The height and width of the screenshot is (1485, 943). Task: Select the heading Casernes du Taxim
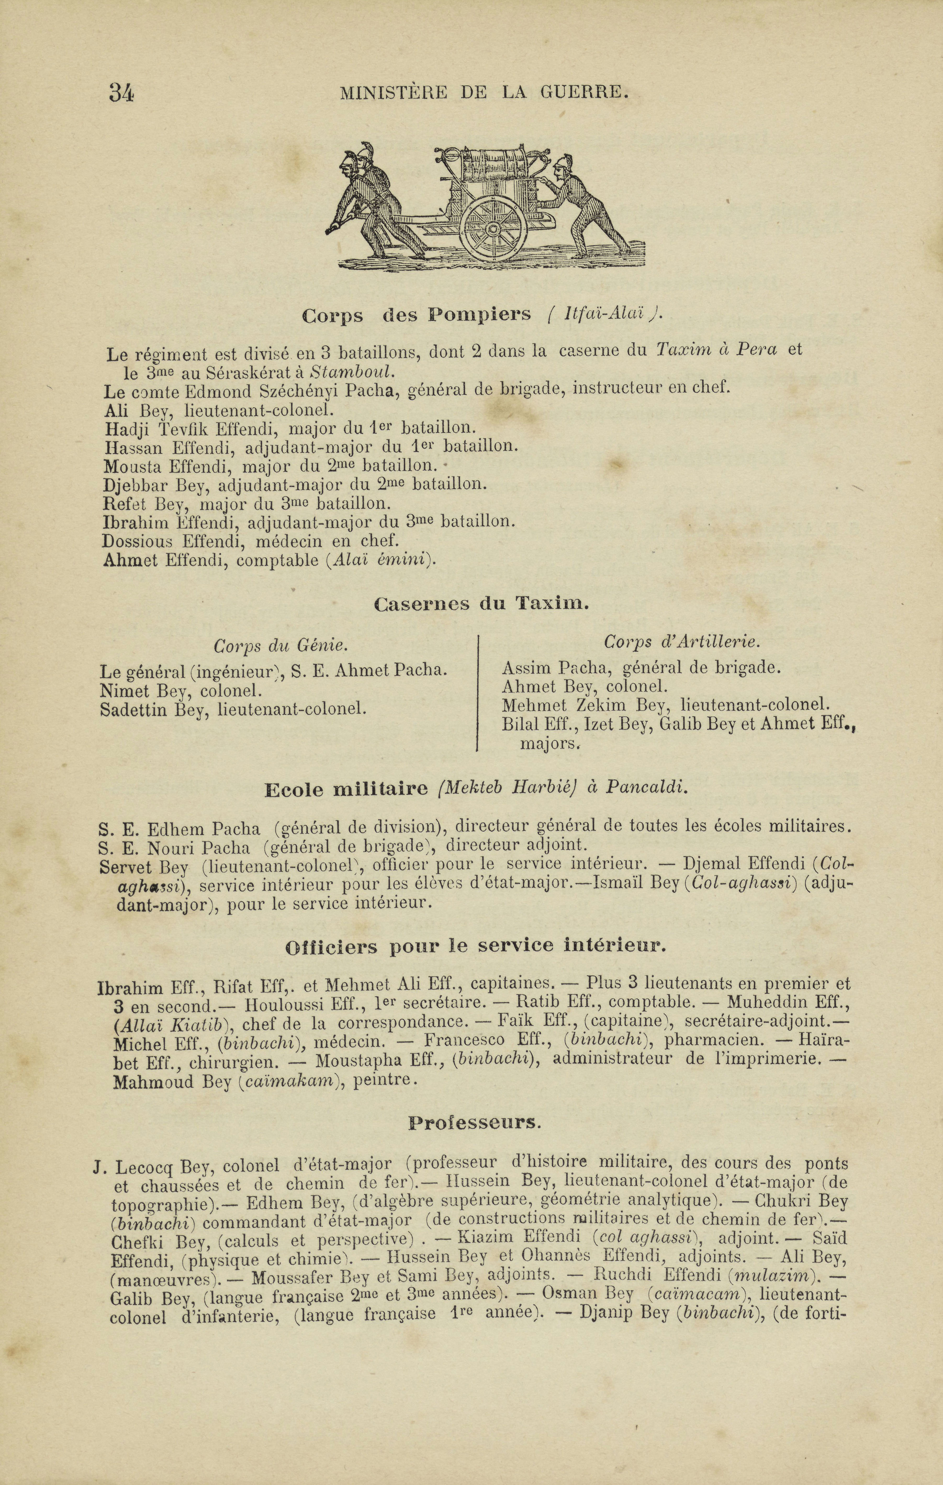[482, 604]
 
